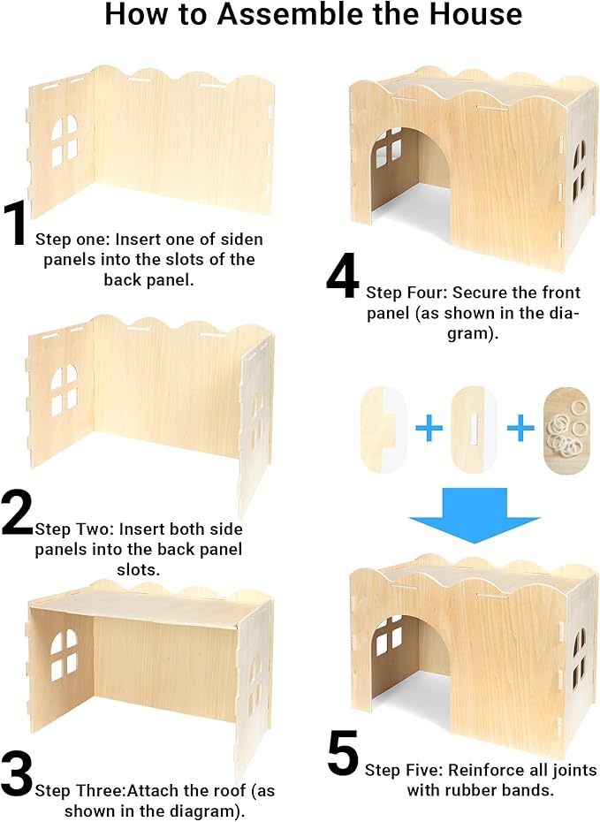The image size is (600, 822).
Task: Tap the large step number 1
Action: click(17, 225)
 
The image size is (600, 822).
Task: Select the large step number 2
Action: click(17, 513)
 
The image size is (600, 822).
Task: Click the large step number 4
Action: click(343, 276)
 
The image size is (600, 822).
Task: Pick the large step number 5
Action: click(343, 756)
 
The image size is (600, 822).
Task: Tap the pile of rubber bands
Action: click(566, 430)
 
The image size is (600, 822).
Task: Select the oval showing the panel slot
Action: click(474, 430)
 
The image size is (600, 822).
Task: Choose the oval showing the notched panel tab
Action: click(382, 430)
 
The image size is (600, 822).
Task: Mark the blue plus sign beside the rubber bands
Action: click(520, 430)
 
